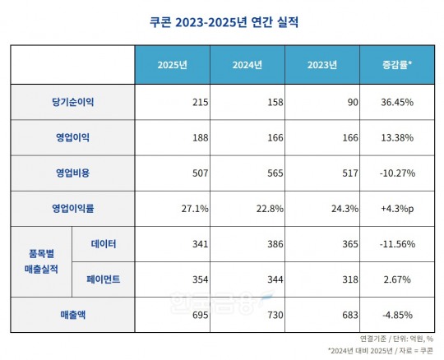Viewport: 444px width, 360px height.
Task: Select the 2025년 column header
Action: (173, 65)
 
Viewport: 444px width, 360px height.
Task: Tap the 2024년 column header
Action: (247, 65)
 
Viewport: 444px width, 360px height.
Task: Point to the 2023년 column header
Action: (322, 65)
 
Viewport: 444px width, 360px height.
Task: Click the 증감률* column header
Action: (397, 65)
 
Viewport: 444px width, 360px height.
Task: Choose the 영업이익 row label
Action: (72, 137)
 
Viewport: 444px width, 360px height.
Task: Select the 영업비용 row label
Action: (72, 173)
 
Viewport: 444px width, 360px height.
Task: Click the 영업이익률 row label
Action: (72, 208)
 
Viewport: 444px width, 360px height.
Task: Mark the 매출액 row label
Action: (72, 315)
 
